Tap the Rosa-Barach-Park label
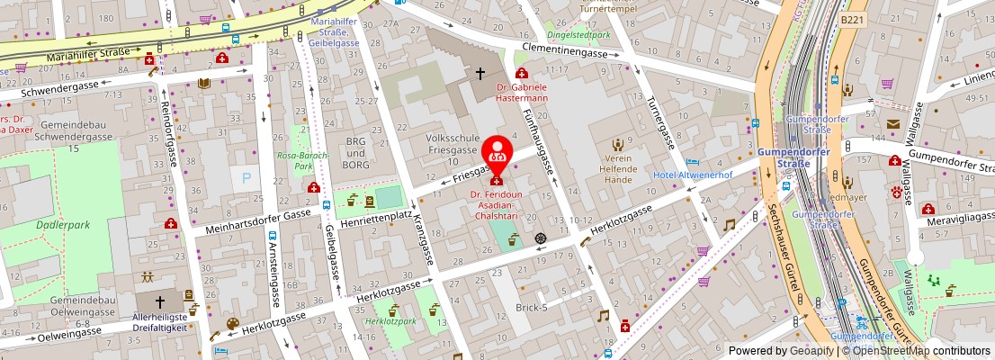pyautogui.click(x=301, y=160)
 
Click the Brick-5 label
pyautogui.click(x=532, y=308)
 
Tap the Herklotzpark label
pyautogui.click(x=393, y=320)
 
